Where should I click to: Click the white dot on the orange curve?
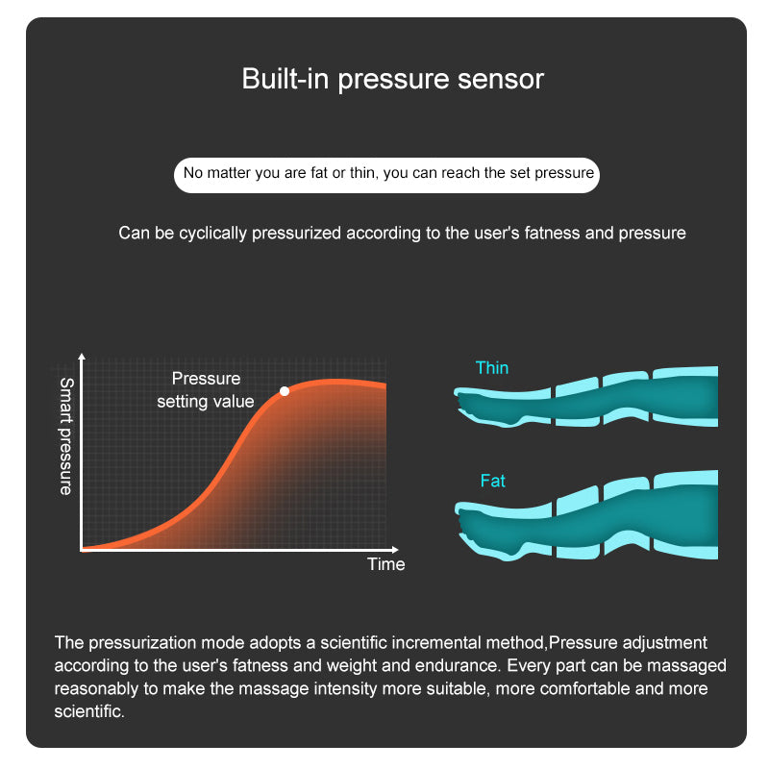(285, 391)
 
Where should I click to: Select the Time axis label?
(386, 564)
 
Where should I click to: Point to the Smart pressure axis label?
(65, 436)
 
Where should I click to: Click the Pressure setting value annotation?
(206, 390)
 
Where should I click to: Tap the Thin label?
(492, 368)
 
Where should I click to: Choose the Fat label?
(492, 481)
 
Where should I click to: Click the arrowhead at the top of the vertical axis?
(82, 357)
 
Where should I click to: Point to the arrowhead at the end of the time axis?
(395, 550)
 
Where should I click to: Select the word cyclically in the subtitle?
(212, 234)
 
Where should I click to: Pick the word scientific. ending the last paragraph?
(89, 711)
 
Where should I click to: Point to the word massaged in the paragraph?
(691, 666)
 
